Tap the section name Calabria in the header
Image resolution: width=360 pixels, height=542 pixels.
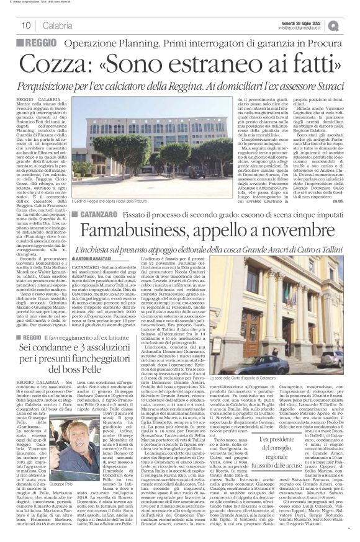point(57,25)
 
